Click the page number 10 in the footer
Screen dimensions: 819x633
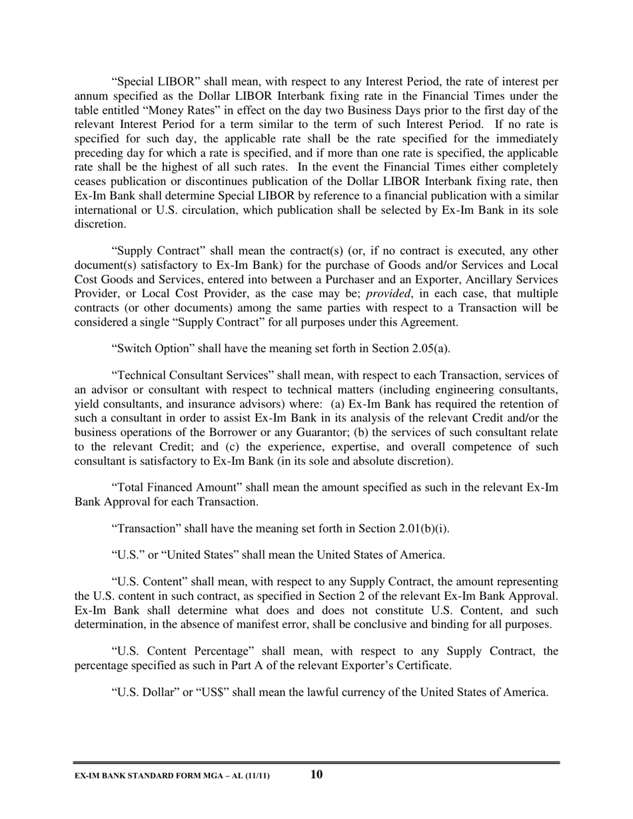coord(316,774)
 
